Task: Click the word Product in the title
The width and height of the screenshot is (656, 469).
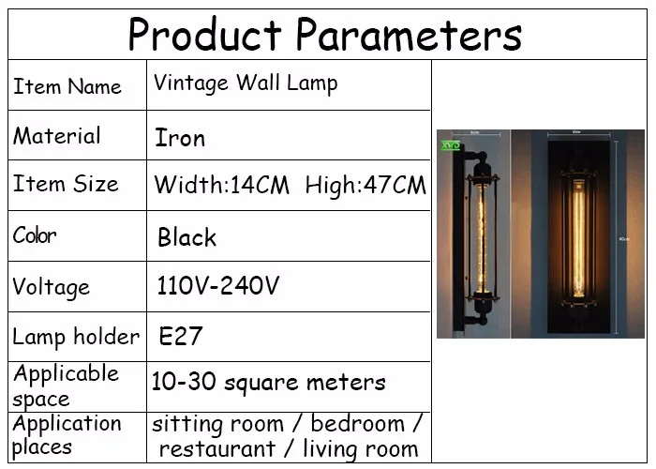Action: click(x=204, y=35)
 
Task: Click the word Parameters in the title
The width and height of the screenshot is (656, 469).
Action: click(x=410, y=35)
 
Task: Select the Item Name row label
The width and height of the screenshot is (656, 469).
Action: click(x=67, y=86)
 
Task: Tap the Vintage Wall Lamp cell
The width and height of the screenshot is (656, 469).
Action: click(x=246, y=83)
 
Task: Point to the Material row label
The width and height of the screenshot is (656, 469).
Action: click(x=57, y=136)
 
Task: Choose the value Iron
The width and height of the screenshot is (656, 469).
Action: click(x=180, y=138)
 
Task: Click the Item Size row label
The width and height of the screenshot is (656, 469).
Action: click(x=67, y=184)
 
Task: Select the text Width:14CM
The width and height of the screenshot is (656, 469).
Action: click(x=222, y=185)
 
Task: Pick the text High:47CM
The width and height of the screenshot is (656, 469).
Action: click(x=365, y=185)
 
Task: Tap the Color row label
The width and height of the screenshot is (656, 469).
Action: click(x=35, y=234)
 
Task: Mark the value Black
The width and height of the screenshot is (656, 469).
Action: click(x=187, y=237)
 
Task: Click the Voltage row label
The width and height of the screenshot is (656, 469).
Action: click(x=51, y=287)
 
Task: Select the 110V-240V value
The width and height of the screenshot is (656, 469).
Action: click(x=218, y=285)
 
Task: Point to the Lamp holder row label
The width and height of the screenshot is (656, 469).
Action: click(x=76, y=337)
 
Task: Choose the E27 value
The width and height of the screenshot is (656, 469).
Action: click(x=181, y=336)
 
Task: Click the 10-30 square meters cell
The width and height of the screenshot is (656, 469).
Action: click(x=268, y=382)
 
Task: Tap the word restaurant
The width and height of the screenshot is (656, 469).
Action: click(x=217, y=449)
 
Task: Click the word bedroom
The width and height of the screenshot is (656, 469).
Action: click(x=358, y=423)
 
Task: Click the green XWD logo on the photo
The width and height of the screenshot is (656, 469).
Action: click(x=451, y=145)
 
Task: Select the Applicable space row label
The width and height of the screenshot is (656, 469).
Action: click(x=66, y=386)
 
